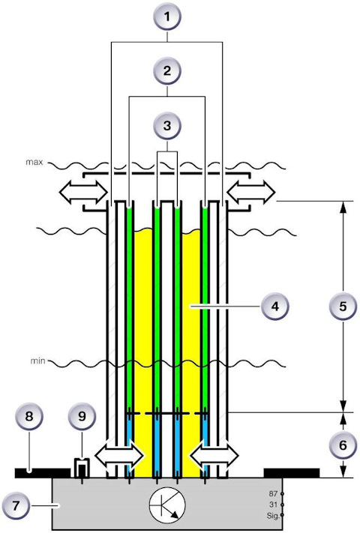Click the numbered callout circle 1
coord(166,16)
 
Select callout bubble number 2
coord(166,71)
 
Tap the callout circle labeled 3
coord(166,125)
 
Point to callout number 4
coord(274,306)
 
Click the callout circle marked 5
coord(343,306)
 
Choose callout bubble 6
coord(343,445)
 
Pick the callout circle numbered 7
coord(16,505)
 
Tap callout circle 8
coord(29,416)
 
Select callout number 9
coord(82,416)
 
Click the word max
coord(34,162)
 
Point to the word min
coord(37,361)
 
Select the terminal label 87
coord(273,493)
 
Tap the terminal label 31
coord(273,505)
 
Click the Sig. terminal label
coord(273,516)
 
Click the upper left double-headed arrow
coord(83,193)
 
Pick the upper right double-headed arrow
coord(251,193)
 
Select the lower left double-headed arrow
coord(120,455)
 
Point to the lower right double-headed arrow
coord(214,455)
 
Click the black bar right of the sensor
coord(292,473)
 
